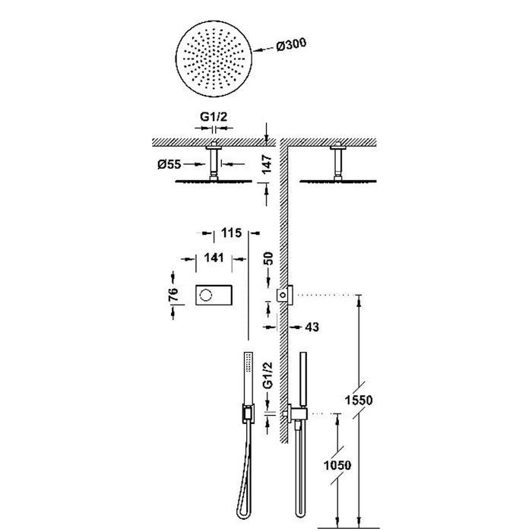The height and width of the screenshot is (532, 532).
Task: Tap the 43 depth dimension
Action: pyautogui.click(x=310, y=327)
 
